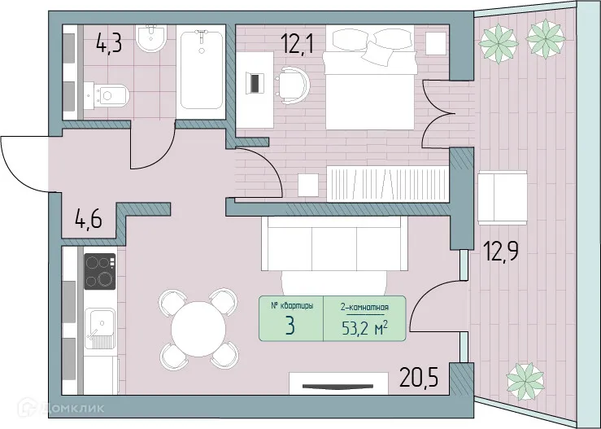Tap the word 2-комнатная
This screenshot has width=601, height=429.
[363, 307]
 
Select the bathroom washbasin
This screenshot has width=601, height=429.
[152, 38]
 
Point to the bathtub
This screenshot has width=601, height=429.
[201, 70]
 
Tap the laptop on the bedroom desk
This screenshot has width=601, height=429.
[255, 83]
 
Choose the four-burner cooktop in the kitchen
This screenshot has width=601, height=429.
[100, 271]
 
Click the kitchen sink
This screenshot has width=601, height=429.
[102, 326]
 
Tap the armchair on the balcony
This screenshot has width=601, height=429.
[500, 198]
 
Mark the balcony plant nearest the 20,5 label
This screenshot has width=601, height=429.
[525, 379]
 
